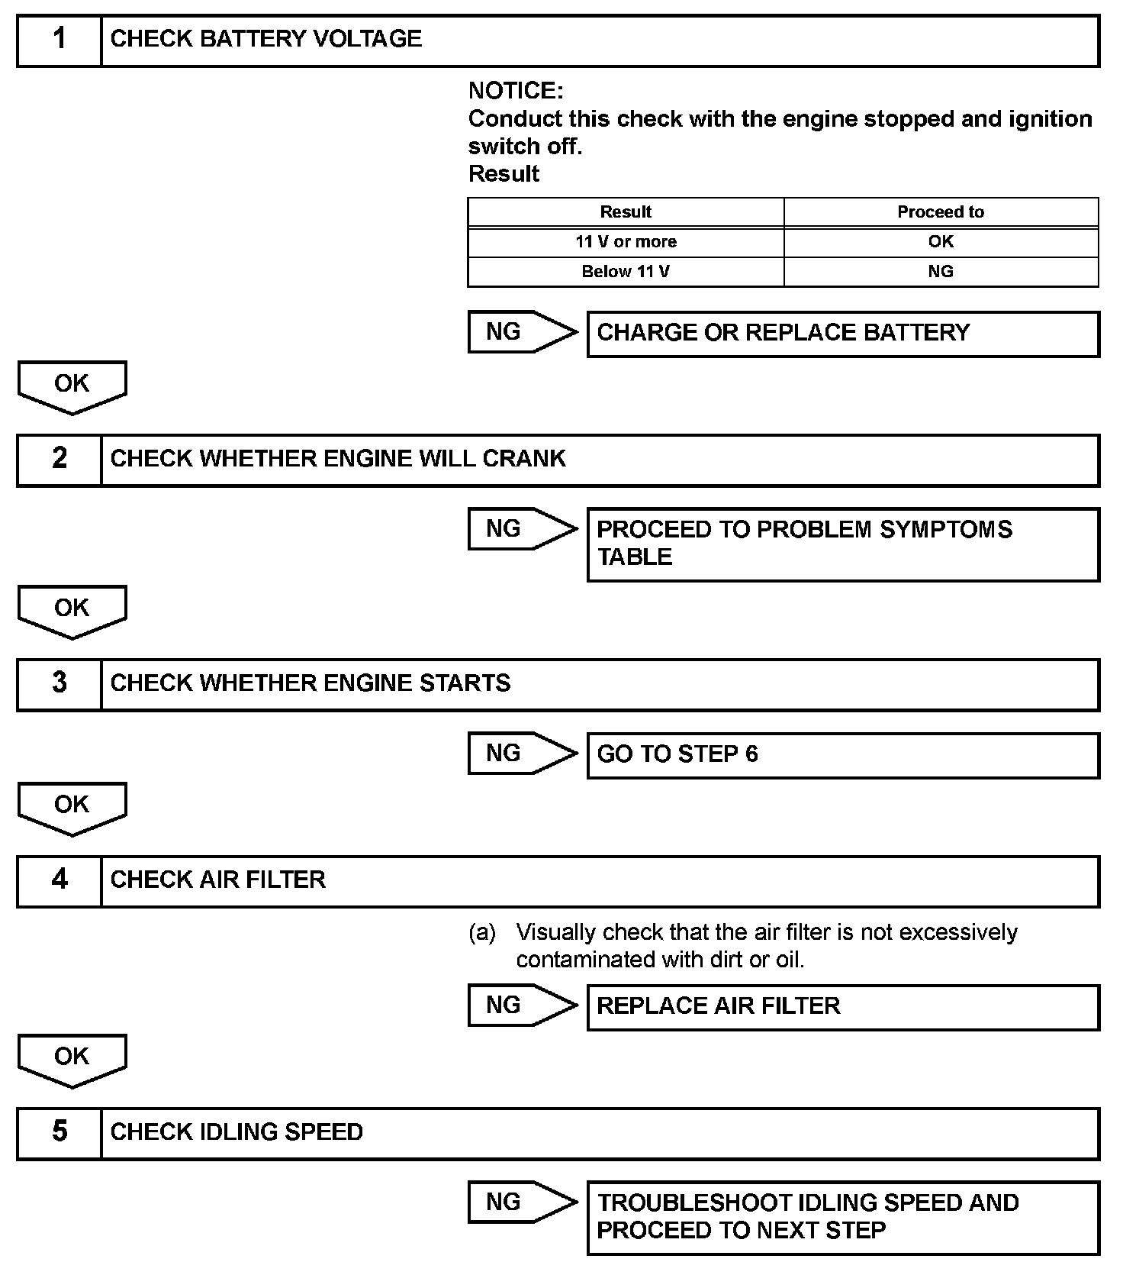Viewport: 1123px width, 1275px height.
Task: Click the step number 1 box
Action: point(60,40)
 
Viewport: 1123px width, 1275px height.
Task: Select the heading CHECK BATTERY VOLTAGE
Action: point(266,40)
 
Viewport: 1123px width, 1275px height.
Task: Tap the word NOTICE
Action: point(516,91)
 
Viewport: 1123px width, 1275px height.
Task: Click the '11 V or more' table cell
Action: point(626,242)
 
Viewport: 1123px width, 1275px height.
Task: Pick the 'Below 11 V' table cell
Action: point(626,272)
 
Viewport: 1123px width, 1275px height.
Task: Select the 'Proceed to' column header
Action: point(941,212)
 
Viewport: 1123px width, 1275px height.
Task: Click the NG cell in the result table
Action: point(941,272)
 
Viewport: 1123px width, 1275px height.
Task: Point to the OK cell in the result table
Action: point(941,242)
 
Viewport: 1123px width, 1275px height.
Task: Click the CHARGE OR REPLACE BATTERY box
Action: point(843,334)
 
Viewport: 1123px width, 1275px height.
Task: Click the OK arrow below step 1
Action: point(72,386)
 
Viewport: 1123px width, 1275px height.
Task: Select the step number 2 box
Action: point(60,460)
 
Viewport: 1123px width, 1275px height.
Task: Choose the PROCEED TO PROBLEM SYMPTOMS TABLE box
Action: point(843,544)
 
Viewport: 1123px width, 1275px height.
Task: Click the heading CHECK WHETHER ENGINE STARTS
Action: point(311,683)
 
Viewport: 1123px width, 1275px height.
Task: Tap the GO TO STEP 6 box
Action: point(843,755)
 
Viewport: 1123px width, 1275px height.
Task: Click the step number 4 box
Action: point(60,880)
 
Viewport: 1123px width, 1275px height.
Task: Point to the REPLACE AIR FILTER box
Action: point(843,1006)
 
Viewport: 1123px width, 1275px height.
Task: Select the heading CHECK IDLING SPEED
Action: point(237,1132)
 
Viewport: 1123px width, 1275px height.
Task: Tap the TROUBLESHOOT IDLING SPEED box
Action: point(843,1217)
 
